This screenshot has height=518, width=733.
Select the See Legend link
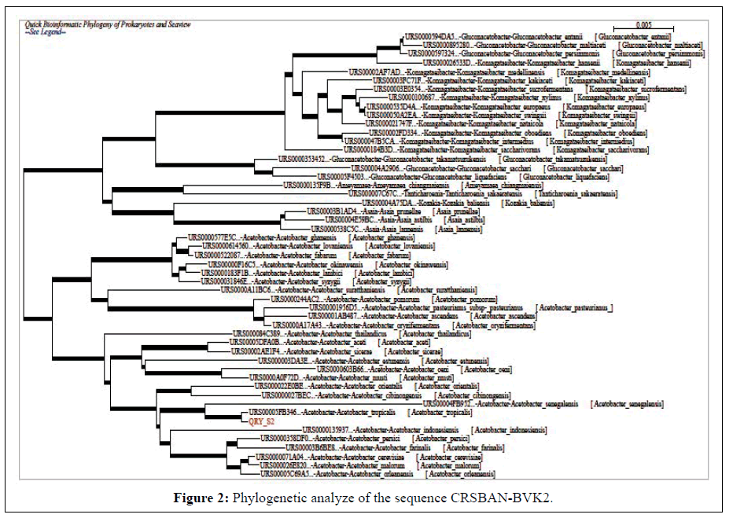pos(45,33)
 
